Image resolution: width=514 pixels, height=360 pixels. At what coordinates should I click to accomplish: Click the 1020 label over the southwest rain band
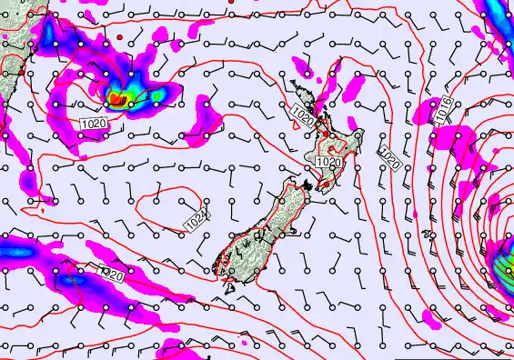click(x=111, y=272)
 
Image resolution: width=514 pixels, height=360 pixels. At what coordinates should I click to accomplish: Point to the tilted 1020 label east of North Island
click(x=388, y=160)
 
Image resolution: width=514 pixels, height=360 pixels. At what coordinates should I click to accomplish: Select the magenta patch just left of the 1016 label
click(x=425, y=115)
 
